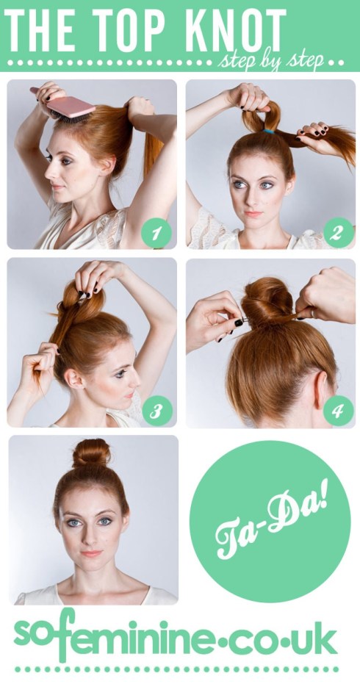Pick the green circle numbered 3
(156, 411)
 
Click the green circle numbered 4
(336, 411)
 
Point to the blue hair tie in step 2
(269, 132)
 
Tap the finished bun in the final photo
(91, 455)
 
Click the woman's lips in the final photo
(91, 553)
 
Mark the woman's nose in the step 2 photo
(251, 196)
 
